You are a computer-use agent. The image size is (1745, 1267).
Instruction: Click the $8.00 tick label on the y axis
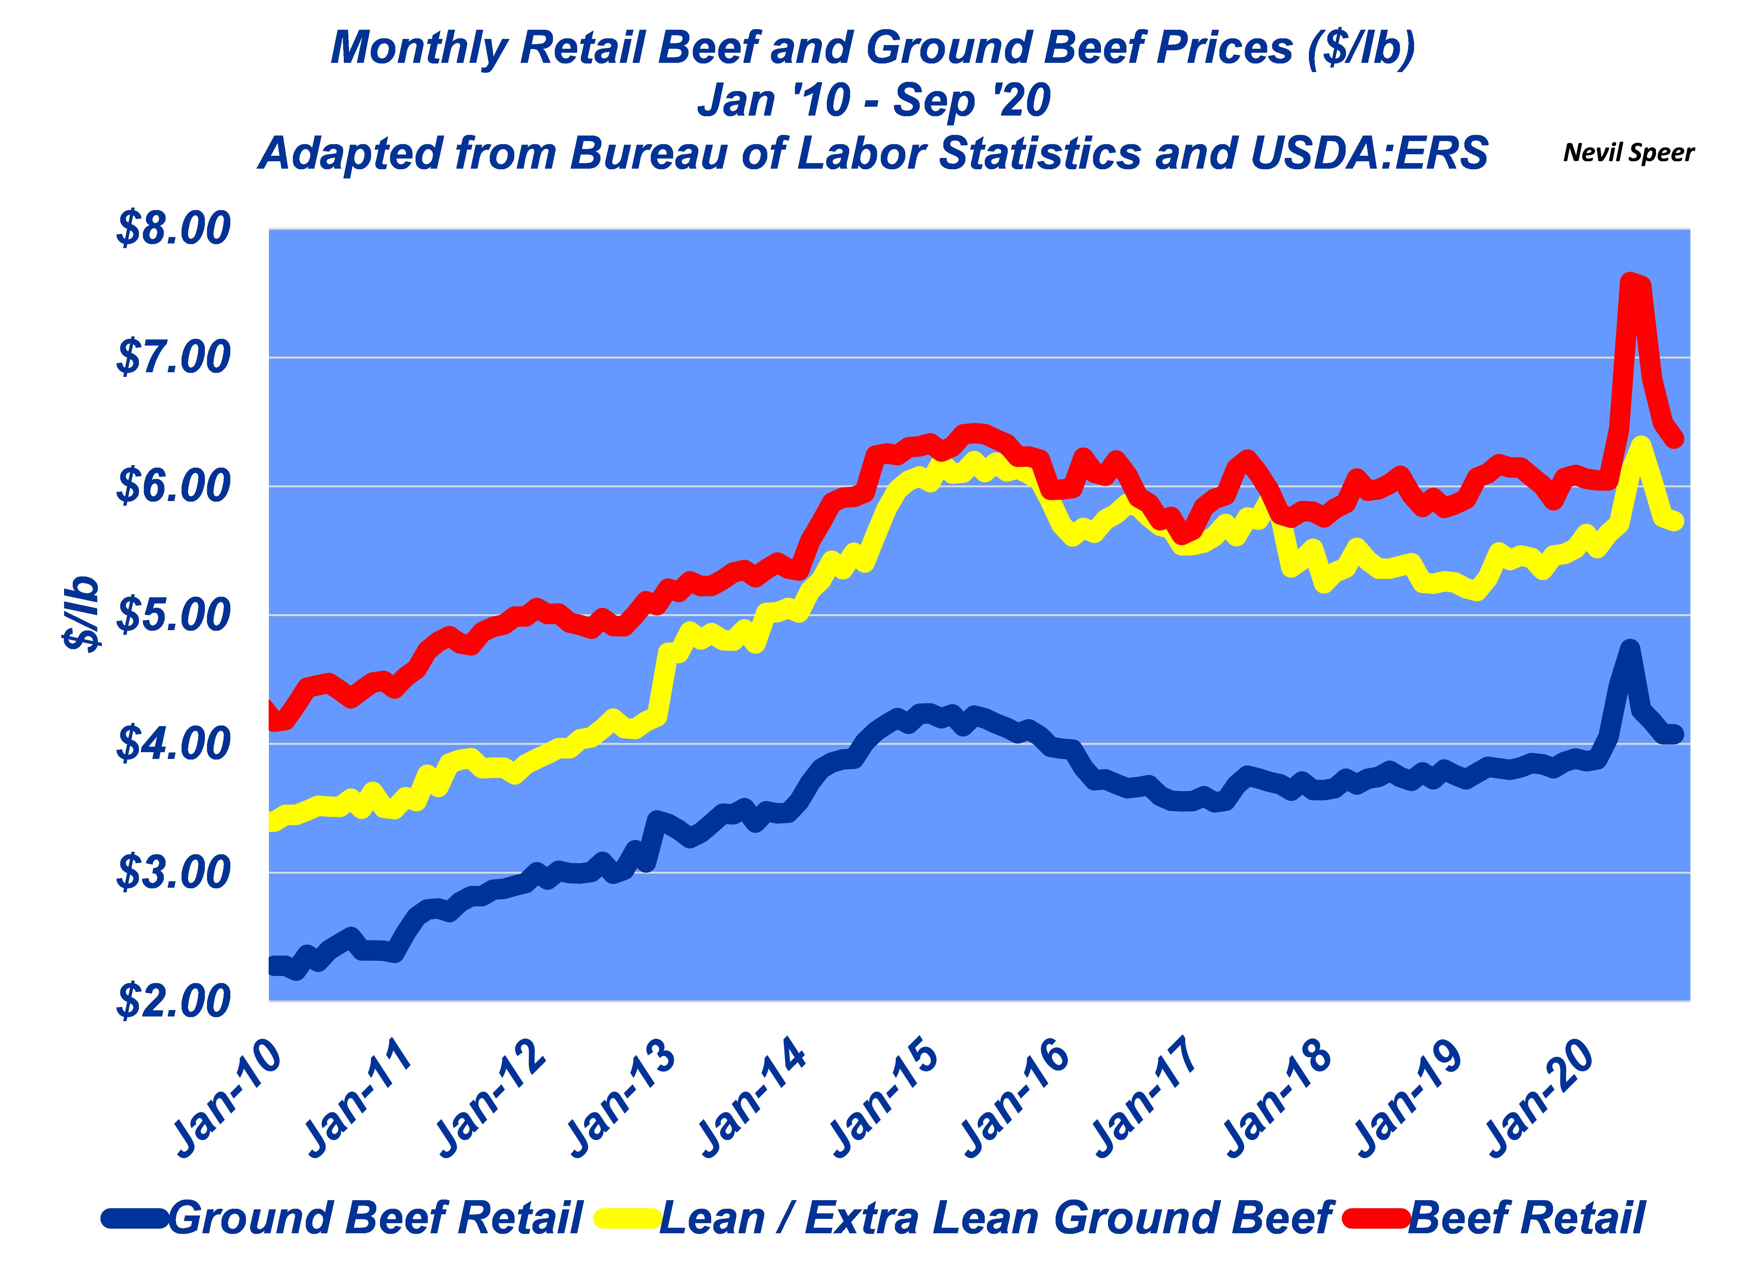173,228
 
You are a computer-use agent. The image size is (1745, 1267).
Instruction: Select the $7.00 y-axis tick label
173,358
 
